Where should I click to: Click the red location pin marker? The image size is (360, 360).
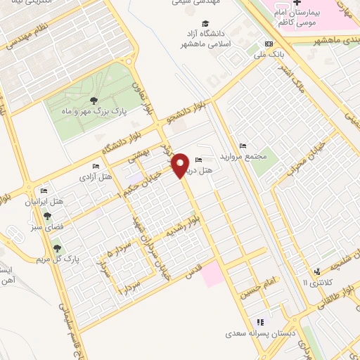tap(181, 165)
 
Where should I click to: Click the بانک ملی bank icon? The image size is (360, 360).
tap(268, 42)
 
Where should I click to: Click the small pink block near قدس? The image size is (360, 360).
tap(212, 275)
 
